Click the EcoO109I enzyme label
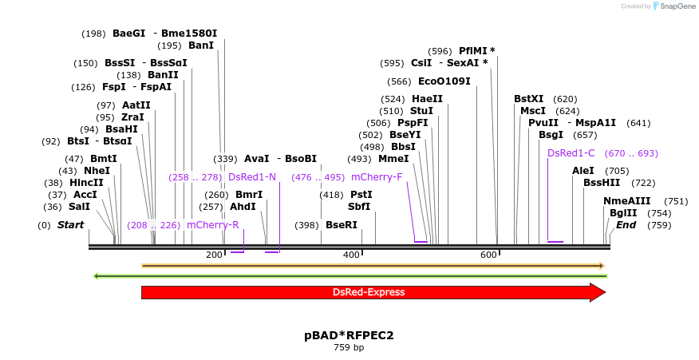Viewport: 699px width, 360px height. (x=444, y=81)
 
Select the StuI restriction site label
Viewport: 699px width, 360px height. (x=421, y=111)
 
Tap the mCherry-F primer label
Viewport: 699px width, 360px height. (x=377, y=177)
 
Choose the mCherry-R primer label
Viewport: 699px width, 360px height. (x=213, y=225)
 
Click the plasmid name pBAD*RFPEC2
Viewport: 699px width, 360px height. (x=349, y=335)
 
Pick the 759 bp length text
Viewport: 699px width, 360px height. (x=349, y=347)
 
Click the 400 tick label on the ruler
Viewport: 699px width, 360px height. (x=351, y=255)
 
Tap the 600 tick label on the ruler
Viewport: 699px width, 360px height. (x=488, y=255)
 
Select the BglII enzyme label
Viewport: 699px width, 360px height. (x=623, y=213)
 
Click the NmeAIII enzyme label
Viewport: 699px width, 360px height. (x=627, y=201)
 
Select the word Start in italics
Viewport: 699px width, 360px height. (x=70, y=225)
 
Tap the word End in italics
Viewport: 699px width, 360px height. (x=626, y=225)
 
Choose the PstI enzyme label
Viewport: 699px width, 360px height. (x=361, y=195)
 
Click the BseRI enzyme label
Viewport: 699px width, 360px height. (x=342, y=225)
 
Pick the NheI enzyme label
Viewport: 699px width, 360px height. (x=97, y=171)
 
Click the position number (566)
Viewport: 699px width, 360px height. (x=399, y=81)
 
